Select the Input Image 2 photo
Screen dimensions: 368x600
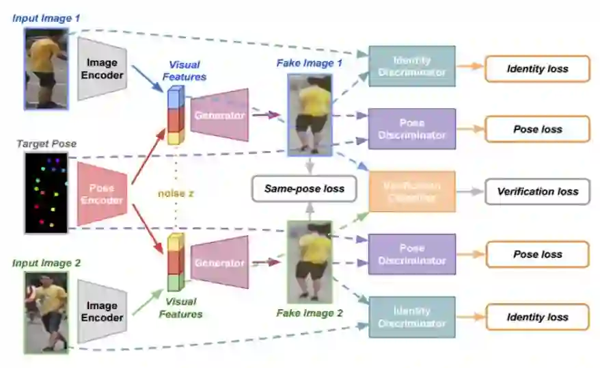(x=46, y=312)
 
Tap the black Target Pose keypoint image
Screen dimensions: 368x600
(x=47, y=193)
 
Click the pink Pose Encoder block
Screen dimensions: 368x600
(x=101, y=194)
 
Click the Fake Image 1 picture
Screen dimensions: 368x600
(x=310, y=114)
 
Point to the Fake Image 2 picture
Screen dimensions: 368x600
(x=310, y=262)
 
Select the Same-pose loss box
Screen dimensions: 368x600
(x=304, y=188)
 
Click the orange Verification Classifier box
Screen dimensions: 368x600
(x=411, y=191)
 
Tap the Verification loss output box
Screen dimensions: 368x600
(x=537, y=192)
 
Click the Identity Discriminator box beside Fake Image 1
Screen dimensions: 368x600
(x=411, y=66)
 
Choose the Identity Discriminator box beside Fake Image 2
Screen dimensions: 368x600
(x=411, y=317)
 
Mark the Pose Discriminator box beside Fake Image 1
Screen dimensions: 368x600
(x=411, y=129)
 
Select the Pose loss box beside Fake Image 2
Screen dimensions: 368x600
(x=537, y=254)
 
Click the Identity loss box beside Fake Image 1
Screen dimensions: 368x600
(x=537, y=69)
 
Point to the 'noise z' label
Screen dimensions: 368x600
(x=176, y=194)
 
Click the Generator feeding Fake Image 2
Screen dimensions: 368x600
(x=219, y=263)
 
